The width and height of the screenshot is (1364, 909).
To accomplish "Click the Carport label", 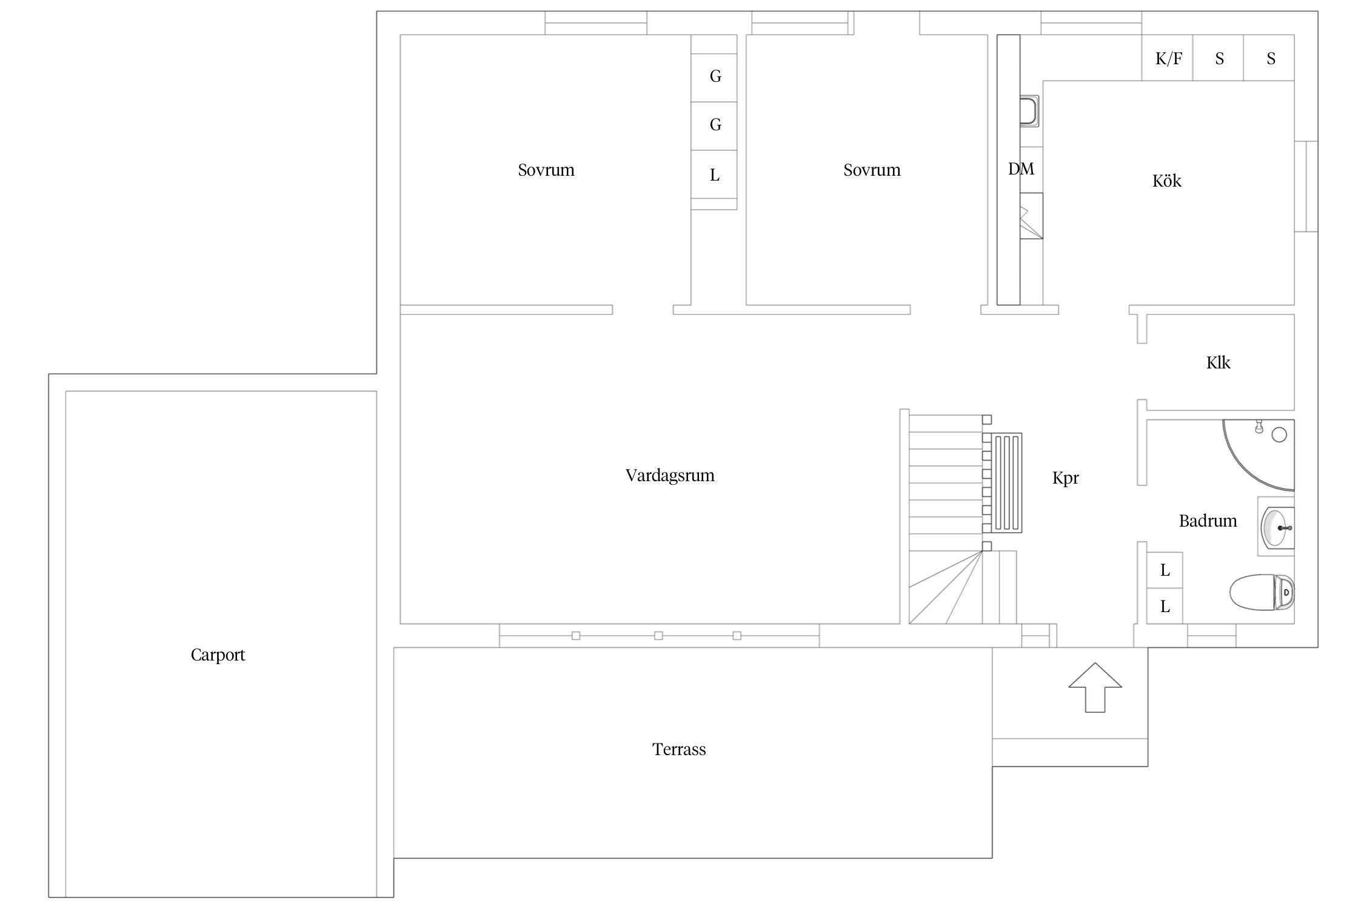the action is click(x=218, y=655).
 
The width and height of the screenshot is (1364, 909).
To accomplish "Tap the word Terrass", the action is click(x=679, y=750).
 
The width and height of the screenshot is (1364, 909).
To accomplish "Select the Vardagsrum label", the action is click(x=670, y=476).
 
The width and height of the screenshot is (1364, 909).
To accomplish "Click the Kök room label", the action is click(x=1166, y=181).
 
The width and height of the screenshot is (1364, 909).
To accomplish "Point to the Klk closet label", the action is click(x=1218, y=362).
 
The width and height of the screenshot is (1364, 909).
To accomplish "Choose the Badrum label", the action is click(x=1208, y=521).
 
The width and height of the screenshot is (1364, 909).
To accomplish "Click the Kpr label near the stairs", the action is click(x=1065, y=478).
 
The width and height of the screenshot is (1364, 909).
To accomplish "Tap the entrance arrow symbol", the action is click(x=1095, y=687).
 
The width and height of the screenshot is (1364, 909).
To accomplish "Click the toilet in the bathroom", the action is click(x=1262, y=591).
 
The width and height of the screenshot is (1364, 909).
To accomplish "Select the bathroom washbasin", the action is click(x=1277, y=527).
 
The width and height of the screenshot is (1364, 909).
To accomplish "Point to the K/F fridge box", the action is click(x=1168, y=58).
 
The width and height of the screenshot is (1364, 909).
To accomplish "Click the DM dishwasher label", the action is click(x=1021, y=169).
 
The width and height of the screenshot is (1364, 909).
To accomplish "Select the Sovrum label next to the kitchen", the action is click(x=872, y=170).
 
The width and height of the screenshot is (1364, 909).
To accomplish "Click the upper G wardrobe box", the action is click(x=714, y=77).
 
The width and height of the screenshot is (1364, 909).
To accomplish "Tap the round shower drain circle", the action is click(x=1279, y=435).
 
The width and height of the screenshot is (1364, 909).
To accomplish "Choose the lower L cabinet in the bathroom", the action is click(x=1165, y=606).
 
